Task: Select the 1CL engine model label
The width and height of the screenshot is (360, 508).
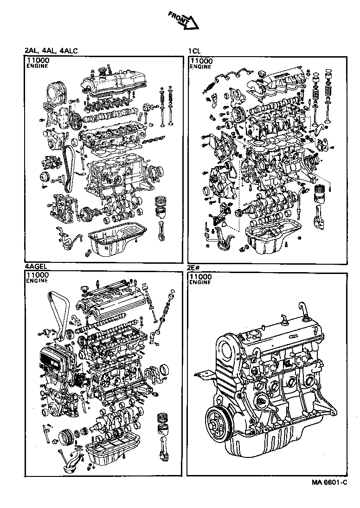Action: [194, 51]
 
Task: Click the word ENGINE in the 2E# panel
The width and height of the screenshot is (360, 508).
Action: [201, 282]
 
